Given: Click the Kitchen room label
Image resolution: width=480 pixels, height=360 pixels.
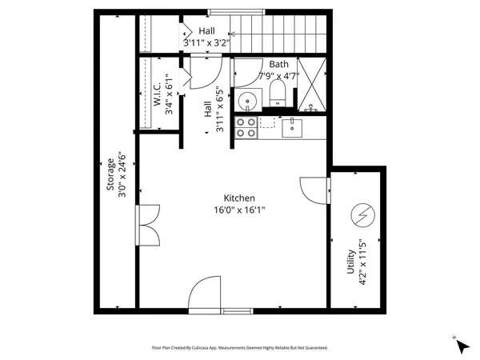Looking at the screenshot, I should pos(238,198).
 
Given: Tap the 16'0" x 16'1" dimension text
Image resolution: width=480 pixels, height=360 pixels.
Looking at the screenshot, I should pos(238,210).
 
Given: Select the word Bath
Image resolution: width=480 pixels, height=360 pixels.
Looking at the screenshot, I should pos(278,64).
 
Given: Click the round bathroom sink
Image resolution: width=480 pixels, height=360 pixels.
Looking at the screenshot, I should pos(247,102).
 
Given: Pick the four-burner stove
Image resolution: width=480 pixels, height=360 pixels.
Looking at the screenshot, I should pos(245,126).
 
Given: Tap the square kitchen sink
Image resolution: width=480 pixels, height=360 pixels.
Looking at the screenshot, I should pos(294,125).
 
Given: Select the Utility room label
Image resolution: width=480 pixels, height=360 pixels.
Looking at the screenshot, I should pos(350,262).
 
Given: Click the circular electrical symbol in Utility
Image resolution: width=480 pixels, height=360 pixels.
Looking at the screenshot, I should pos(362,214).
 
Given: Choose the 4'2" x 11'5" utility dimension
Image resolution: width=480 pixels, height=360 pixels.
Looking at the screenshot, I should pos(362,262).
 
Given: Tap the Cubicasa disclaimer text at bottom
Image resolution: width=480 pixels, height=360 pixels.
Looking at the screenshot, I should pos(240,348).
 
